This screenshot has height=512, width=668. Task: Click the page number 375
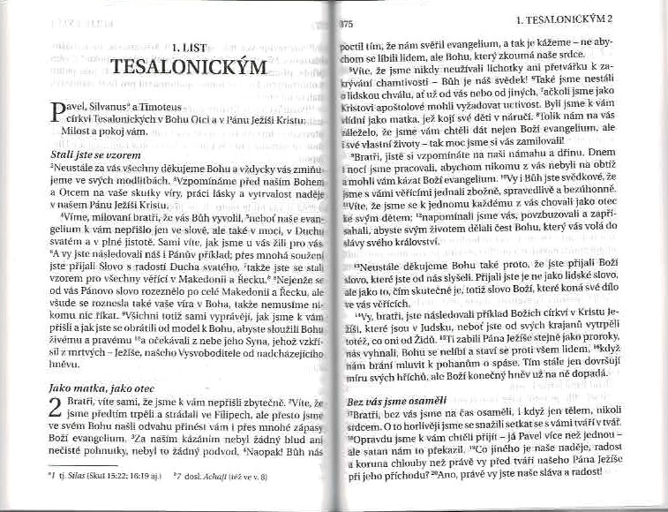345,21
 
